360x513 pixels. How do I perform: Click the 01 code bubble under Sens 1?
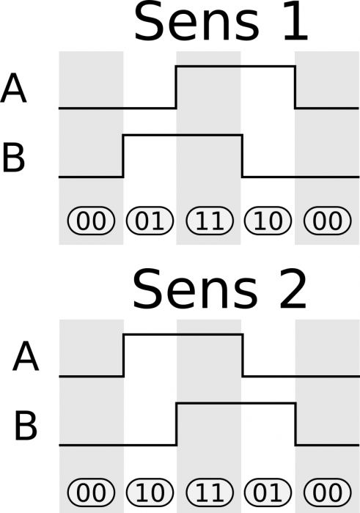click(x=150, y=221)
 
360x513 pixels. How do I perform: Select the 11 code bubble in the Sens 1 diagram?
click(x=209, y=221)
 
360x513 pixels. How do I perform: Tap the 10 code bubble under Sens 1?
click(x=268, y=221)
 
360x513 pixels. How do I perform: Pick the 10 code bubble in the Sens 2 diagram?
click(x=150, y=492)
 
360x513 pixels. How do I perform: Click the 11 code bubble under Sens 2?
click(x=209, y=492)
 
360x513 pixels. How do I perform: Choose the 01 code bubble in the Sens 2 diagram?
click(x=268, y=492)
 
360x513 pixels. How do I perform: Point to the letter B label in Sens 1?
click(x=15, y=158)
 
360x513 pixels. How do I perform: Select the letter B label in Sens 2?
click(x=26, y=427)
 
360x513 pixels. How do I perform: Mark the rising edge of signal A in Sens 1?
click(x=176, y=87)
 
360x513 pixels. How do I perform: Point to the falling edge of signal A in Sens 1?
click(x=295, y=87)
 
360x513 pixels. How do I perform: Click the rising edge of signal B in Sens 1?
click(x=122, y=155)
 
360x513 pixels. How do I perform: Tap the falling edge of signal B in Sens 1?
click(x=243, y=155)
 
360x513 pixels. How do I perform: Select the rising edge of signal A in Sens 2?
click(x=122, y=355)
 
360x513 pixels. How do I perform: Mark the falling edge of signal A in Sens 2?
click(x=243, y=355)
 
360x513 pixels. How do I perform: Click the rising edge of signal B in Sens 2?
click(x=176, y=424)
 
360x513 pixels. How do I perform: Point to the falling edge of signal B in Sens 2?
click(x=295, y=424)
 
